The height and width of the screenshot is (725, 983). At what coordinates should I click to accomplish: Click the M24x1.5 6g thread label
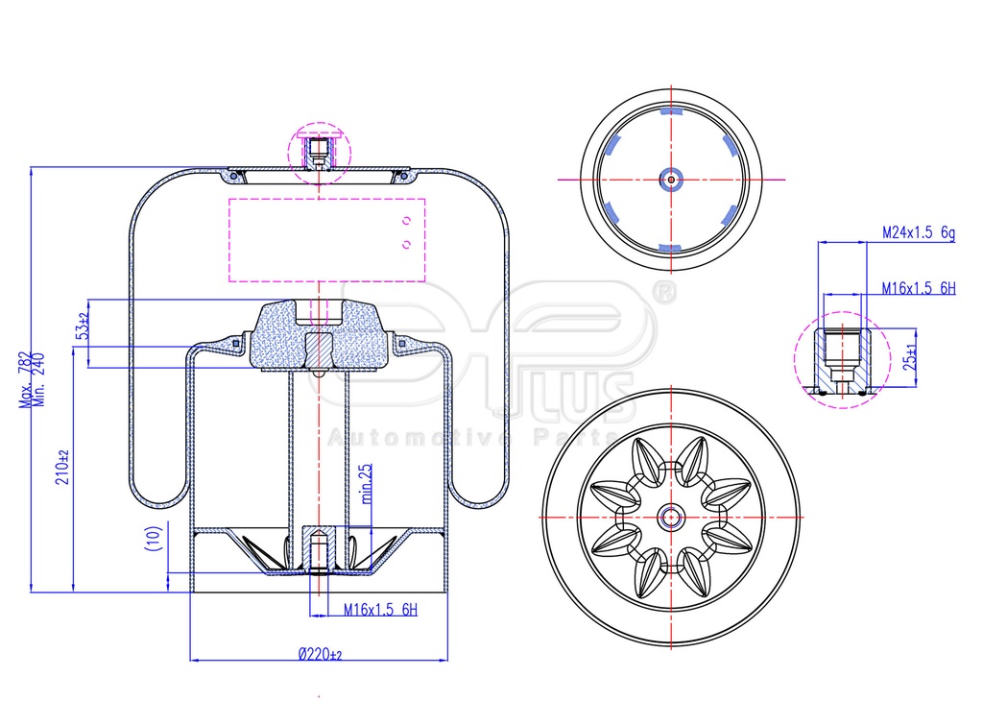(919, 232)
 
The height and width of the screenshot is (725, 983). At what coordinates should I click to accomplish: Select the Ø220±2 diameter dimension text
(321, 655)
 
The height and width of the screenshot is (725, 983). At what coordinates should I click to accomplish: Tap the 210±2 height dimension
(62, 468)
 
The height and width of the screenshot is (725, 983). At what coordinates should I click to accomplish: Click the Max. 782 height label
(26, 379)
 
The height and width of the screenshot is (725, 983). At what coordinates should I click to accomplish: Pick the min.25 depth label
(367, 484)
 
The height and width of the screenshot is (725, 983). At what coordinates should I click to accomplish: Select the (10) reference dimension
(155, 538)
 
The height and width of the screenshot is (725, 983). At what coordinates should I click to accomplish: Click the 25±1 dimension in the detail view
(911, 356)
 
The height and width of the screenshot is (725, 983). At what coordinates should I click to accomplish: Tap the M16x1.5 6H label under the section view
(380, 609)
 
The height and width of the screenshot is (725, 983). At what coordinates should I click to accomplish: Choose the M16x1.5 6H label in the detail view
(919, 288)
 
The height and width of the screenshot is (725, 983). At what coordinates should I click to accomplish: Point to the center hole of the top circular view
(671, 180)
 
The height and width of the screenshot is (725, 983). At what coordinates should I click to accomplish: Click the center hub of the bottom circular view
(671, 518)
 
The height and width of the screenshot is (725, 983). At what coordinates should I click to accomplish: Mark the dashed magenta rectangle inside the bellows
(327, 240)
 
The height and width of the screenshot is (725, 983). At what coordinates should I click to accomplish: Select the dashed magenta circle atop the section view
(319, 153)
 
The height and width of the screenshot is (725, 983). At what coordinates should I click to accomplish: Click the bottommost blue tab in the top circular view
(669, 249)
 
